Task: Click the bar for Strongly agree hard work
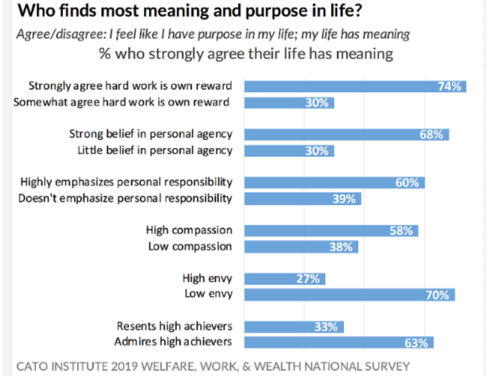(355, 86)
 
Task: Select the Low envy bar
(349, 295)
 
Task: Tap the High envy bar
(284, 279)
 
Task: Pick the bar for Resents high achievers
(294, 326)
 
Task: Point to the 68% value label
(431, 134)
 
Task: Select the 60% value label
(407, 182)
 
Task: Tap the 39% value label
(344, 198)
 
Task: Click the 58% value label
(401, 230)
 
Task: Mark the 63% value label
(416, 343)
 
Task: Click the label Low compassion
(190, 246)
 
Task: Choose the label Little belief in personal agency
(155, 150)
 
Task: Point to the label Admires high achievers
(173, 341)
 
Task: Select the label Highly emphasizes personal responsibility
(126, 181)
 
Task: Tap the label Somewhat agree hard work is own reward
(121, 101)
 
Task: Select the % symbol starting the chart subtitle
(104, 54)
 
